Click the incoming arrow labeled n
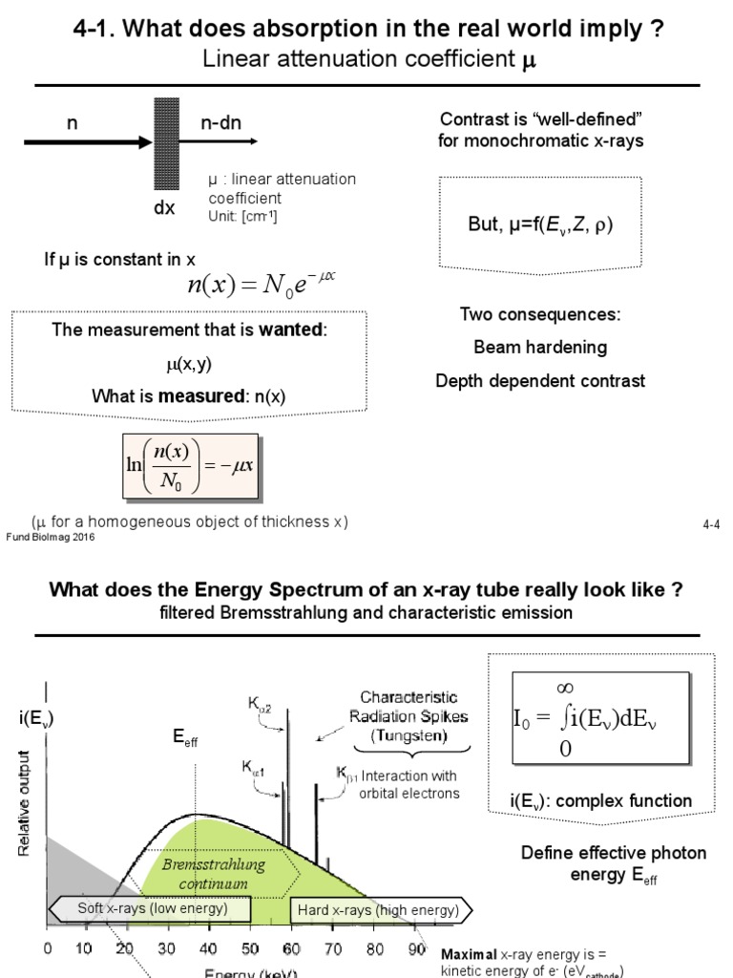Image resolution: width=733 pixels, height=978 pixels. [x=86, y=142]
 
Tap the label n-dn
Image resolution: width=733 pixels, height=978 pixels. [x=220, y=123]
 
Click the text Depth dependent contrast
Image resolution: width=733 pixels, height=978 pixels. [x=540, y=381]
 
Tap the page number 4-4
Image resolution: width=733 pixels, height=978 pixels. [x=710, y=525]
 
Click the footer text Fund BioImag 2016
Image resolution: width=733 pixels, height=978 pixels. [x=51, y=537]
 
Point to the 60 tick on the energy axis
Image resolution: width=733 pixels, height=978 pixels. [x=291, y=949]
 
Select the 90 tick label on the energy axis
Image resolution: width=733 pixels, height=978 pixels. [x=415, y=949]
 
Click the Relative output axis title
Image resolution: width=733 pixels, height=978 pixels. [x=25, y=802]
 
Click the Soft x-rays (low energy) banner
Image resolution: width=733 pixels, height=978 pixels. [x=153, y=908]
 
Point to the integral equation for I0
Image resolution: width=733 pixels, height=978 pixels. [x=599, y=718]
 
